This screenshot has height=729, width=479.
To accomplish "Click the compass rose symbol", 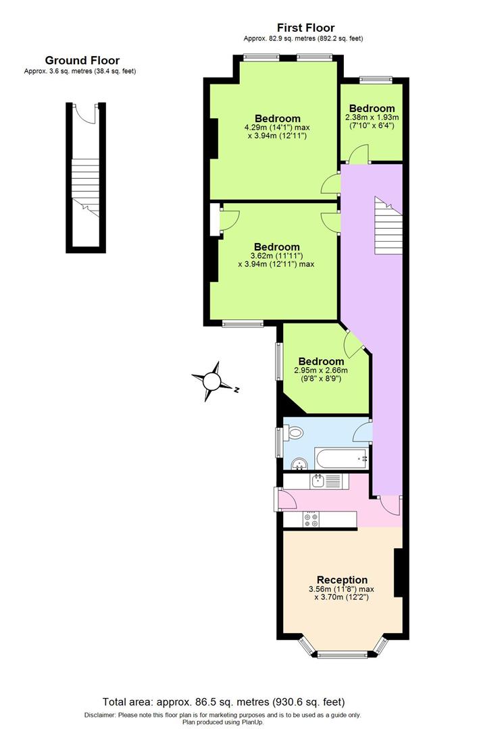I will pyautogui.click(x=212, y=382).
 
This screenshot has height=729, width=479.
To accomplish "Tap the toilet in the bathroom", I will pyautogui.click(x=295, y=432).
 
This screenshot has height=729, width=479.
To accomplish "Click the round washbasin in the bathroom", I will pyautogui.click(x=299, y=464).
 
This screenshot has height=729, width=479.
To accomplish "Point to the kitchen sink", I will pyautogui.click(x=318, y=481).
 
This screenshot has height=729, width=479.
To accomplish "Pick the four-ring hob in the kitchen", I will pyautogui.click(x=311, y=519).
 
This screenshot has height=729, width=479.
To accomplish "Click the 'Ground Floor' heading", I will pyautogui.click(x=79, y=60).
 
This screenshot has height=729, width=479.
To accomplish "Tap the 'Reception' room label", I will pyautogui.click(x=343, y=580).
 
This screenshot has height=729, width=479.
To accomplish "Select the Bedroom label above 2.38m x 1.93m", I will pyautogui.click(x=372, y=108).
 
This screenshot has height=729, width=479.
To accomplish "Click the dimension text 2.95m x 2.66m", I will pyautogui.click(x=321, y=370).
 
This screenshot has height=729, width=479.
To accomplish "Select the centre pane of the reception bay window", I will pyautogui.click(x=342, y=654).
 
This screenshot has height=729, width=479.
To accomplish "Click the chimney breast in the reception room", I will pyautogui.click(x=399, y=572).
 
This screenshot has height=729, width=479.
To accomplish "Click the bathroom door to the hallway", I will pyautogui.click(x=364, y=429).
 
